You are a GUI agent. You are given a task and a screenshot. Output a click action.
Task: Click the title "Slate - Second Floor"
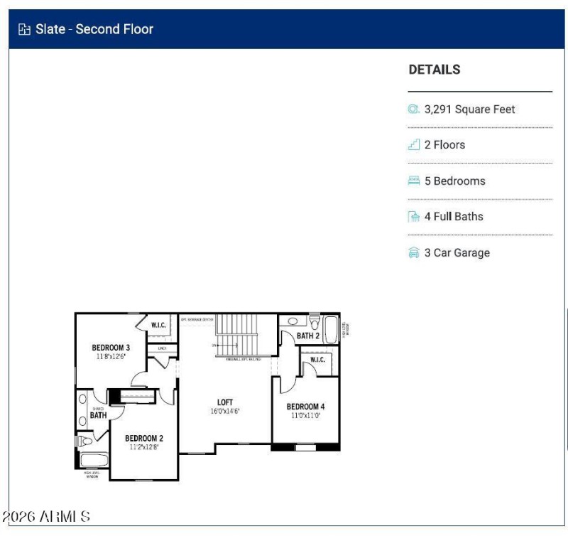94,29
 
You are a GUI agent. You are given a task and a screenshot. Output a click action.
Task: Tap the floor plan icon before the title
25,29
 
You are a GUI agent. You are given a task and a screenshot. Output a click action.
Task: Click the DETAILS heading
434,70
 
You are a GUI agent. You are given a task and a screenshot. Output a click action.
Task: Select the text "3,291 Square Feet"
469,109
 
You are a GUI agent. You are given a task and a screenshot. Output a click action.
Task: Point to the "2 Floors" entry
444,145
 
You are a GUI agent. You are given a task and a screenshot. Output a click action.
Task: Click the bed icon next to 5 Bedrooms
414,181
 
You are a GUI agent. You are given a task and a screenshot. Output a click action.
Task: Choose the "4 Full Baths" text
453,217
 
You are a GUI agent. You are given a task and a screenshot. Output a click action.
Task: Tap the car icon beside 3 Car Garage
414,253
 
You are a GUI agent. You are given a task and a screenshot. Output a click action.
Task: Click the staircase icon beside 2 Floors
414,145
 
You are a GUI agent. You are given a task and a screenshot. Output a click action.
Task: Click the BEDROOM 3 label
111,348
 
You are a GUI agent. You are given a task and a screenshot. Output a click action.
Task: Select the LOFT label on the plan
225,402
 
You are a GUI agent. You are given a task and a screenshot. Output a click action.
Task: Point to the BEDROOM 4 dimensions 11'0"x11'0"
306,415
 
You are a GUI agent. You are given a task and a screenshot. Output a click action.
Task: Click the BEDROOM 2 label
144,438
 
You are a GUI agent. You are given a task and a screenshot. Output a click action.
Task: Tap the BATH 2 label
307,336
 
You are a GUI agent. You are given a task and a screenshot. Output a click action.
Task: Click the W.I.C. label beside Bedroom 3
159,326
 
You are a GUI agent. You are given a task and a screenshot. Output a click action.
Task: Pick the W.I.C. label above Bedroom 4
317,360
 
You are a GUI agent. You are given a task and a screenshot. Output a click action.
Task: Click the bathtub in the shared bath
93,460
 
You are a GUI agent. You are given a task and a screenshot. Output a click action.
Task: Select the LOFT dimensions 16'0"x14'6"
225,412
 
